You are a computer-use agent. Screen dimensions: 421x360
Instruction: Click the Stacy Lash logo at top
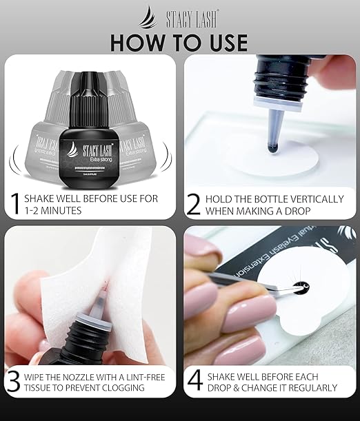(180, 14)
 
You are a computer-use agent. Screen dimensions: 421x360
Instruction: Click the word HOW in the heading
(141, 41)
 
